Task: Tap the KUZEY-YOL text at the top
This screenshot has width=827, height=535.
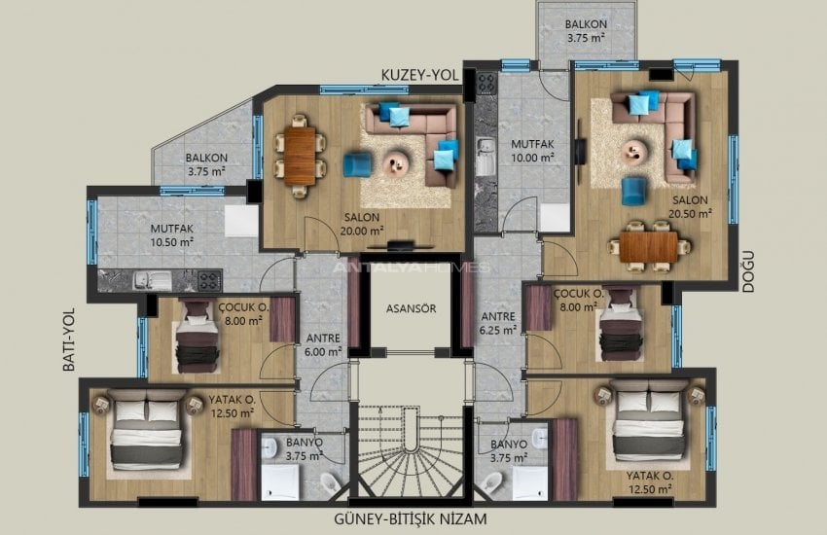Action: click(418, 74)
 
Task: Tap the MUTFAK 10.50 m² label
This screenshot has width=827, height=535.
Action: click(172, 236)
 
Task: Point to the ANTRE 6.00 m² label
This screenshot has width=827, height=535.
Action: click(322, 345)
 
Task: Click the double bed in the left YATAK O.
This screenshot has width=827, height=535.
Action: click(146, 432)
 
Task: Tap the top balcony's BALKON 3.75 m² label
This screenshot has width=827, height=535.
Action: click(586, 31)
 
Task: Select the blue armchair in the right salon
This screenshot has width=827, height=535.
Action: click(634, 190)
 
